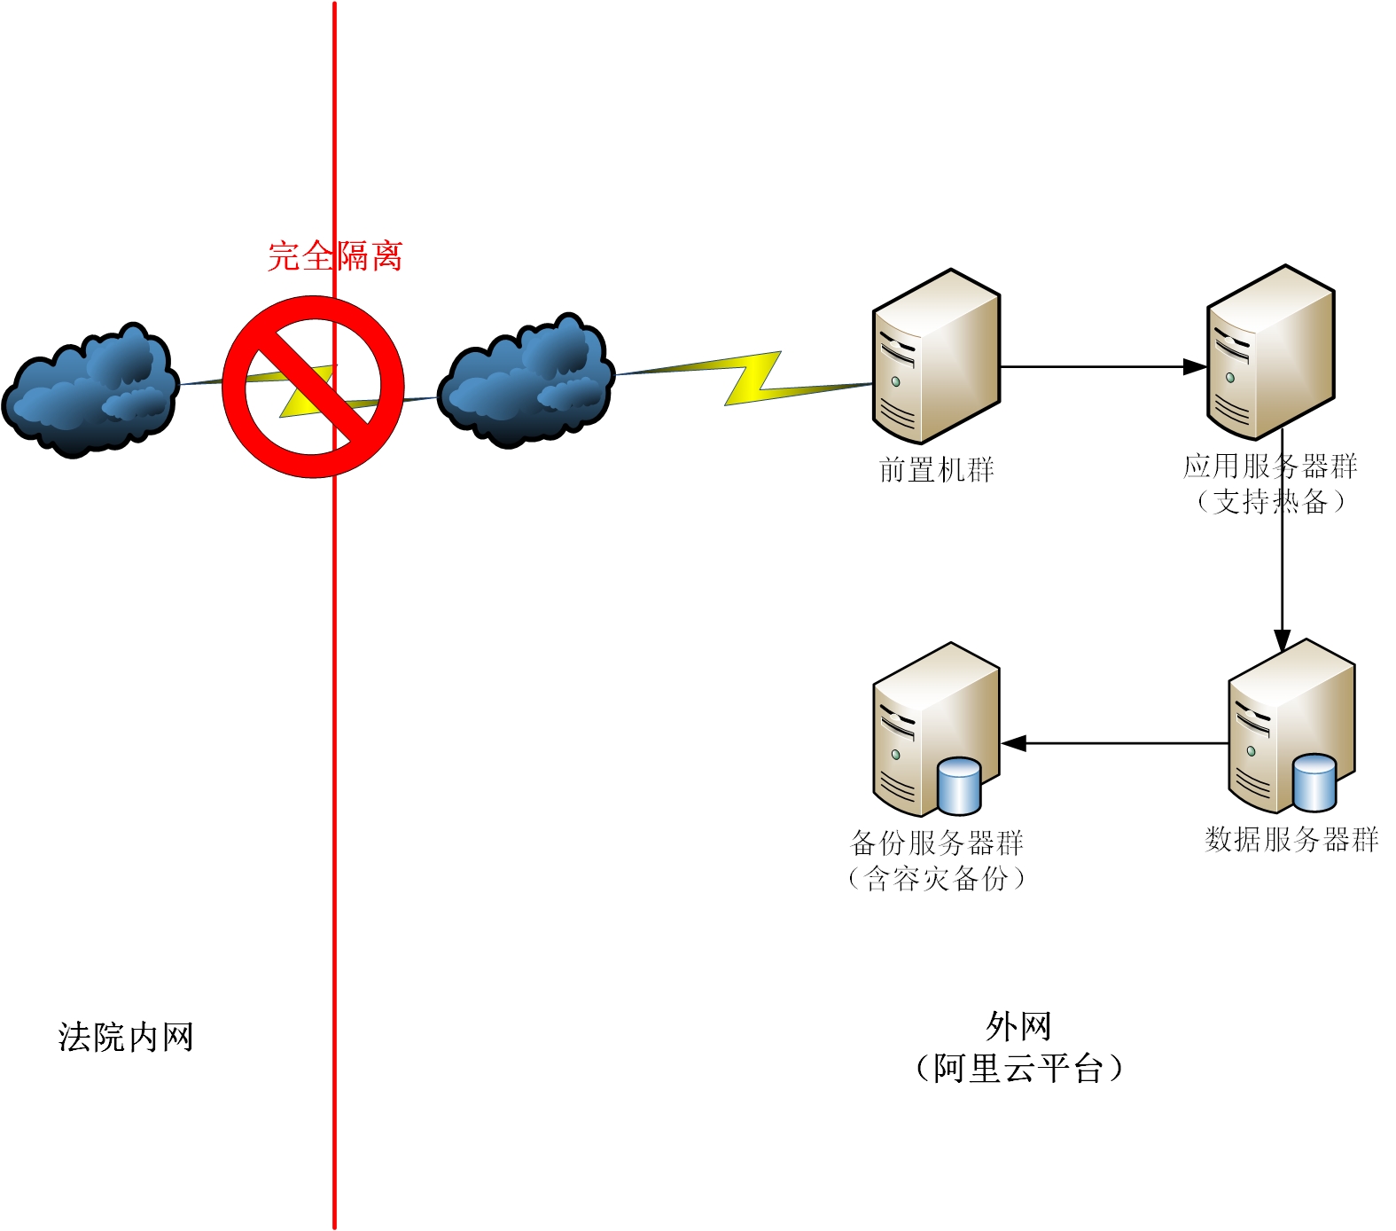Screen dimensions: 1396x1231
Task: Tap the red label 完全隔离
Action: pos(335,256)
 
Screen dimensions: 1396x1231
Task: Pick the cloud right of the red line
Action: pos(526,380)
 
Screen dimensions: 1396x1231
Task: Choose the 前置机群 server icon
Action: pos(936,356)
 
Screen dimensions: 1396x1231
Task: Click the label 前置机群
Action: pos(936,469)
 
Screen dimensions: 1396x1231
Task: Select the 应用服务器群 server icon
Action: pos(1270,352)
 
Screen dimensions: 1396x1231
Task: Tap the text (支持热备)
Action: pos(1270,502)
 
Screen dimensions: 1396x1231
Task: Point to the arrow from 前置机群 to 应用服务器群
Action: pos(1104,366)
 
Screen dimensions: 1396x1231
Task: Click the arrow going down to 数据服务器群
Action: pos(1282,540)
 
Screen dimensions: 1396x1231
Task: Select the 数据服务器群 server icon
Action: pos(1291,726)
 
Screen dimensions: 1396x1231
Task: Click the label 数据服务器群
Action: pos(1291,839)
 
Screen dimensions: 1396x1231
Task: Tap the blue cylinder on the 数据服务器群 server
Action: pos(1314,782)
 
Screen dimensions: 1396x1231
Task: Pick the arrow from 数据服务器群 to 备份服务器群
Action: pos(1114,743)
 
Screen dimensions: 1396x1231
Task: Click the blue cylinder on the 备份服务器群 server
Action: pos(959,786)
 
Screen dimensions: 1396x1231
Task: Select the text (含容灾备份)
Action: pos(936,879)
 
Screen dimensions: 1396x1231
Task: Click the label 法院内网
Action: pos(126,1037)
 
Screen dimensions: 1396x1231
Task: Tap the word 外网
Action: pos(1018,1027)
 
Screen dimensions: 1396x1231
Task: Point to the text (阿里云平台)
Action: pos(1018,1068)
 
